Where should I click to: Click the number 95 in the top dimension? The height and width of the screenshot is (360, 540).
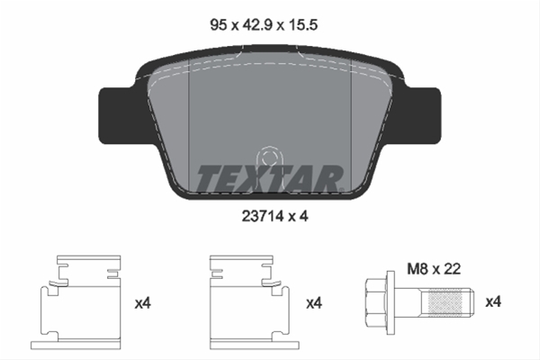pos(219,25)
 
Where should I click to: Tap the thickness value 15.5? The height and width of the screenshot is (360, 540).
pos(302,25)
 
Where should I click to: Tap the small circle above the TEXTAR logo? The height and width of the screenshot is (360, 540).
pos(269,157)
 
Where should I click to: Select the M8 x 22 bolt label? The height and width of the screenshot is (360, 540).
pos(434,269)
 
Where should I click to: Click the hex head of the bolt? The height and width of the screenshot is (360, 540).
pos(376,302)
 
